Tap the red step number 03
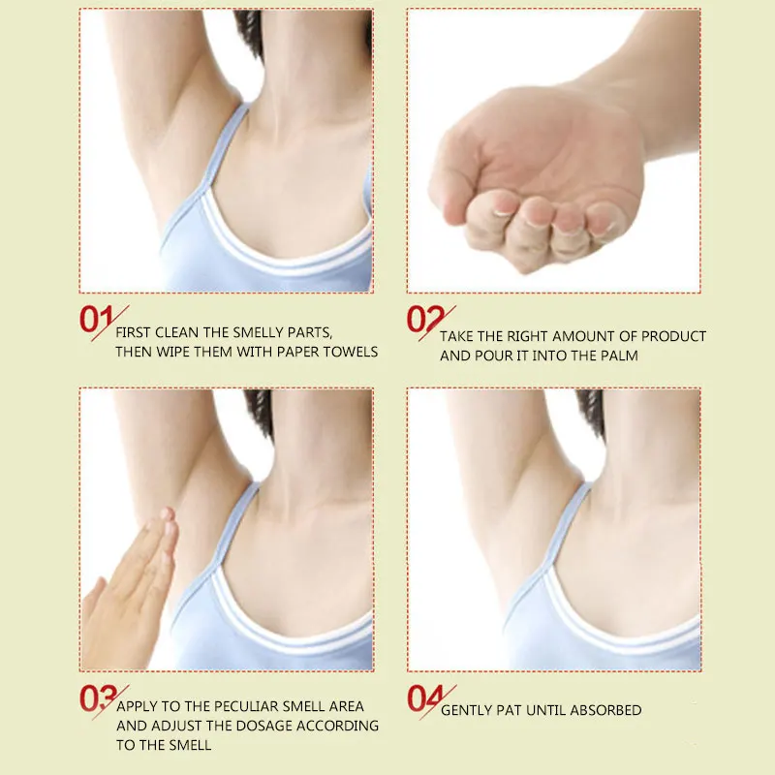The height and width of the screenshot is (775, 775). pyautogui.click(x=99, y=698)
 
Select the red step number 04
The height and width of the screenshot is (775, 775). pyautogui.click(x=425, y=698)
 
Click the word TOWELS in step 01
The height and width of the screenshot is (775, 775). pyautogui.click(x=351, y=352)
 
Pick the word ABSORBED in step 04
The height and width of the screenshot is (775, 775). pyautogui.click(x=605, y=710)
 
